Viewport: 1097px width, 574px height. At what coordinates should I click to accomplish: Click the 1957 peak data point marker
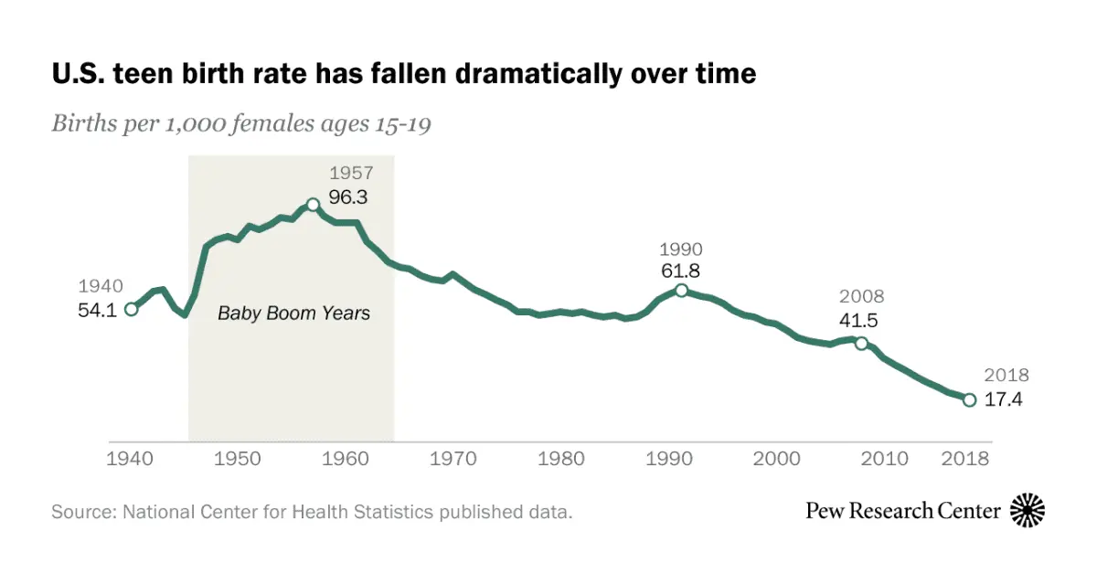(x=313, y=205)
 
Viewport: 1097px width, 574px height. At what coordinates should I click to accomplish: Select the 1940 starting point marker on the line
(x=131, y=309)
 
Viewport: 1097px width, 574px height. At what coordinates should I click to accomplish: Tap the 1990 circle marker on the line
(x=681, y=290)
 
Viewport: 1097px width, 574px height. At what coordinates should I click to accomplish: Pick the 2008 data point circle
(x=861, y=343)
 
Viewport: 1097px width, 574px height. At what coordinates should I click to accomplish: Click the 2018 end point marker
(x=969, y=399)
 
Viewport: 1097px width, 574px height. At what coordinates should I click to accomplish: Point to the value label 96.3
(x=348, y=197)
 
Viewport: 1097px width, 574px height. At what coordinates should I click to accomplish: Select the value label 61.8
(x=681, y=271)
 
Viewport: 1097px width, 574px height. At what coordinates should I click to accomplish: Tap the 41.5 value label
(x=861, y=321)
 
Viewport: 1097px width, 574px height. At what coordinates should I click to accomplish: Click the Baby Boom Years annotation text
(x=293, y=313)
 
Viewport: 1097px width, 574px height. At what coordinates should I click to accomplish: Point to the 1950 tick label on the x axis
(x=238, y=459)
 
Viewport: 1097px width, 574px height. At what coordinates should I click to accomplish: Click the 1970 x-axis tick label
(x=454, y=459)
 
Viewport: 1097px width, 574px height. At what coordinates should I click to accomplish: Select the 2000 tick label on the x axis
(x=777, y=459)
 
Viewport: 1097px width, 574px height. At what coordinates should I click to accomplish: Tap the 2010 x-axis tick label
(x=884, y=459)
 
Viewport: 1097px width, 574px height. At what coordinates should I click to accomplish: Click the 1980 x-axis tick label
(x=560, y=459)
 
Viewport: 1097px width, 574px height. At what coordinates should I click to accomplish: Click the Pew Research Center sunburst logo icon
(x=1028, y=510)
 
